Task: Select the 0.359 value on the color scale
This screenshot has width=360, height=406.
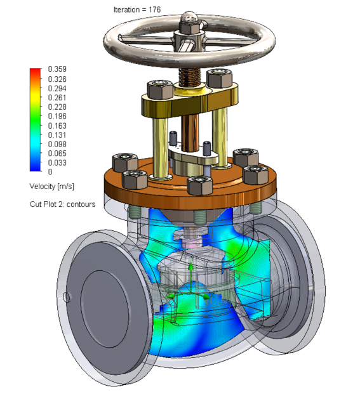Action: (58, 69)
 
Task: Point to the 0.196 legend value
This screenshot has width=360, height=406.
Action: (58, 116)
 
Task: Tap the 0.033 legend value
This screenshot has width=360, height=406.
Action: (58, 162)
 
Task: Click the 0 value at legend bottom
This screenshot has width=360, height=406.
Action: (51, 172)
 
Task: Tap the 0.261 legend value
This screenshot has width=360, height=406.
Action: (58, 98)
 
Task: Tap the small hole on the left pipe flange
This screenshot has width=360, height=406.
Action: (67, 296)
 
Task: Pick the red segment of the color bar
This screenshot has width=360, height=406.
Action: (35, 73)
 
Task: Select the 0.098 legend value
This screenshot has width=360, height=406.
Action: (58, 144)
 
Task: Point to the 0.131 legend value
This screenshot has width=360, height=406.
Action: (58, 134)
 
